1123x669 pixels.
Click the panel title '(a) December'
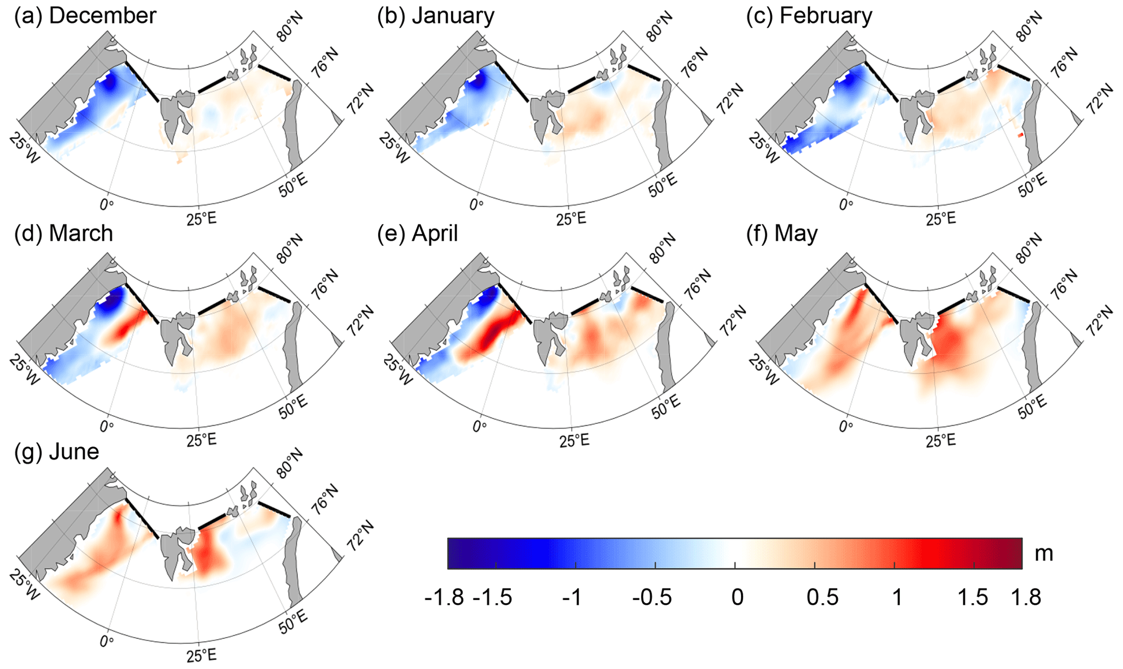click(85, 15)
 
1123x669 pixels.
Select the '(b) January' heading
click(436, 15)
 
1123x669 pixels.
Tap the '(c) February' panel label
click(809, 15)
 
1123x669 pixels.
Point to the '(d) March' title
click(64, 233)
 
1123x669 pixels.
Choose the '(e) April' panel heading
click(417, 233)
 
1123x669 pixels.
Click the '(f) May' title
click(782, 233)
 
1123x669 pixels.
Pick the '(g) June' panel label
click(57, 451)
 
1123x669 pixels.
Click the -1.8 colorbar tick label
click(444, 597)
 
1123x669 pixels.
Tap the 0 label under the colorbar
click(737, 597)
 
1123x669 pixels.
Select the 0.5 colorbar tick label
click(822, 597)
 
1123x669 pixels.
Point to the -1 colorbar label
click(572, 597)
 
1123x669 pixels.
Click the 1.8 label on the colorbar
click(1026, 597)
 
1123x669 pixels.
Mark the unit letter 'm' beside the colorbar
click(1044, 553)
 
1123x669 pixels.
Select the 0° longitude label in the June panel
click(107, 641)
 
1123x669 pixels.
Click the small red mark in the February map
click(1021, 134)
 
